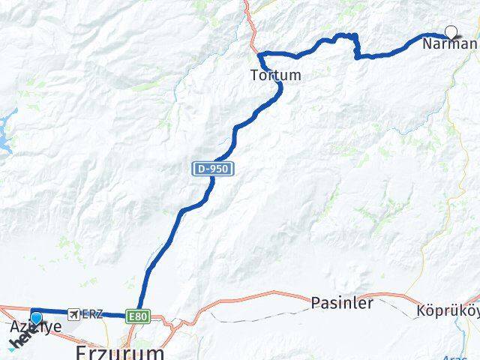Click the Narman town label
(448, 44)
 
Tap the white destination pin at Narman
(451, 31)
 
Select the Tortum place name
(276, 75)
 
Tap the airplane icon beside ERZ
(73, 313)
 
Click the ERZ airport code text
(92, 313)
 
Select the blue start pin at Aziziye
(36, 317)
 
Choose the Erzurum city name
(120, 352)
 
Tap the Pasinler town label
(342, 303)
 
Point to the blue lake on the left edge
(7, 127)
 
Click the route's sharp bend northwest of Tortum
(261, 54)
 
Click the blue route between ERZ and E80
(114, 315)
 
